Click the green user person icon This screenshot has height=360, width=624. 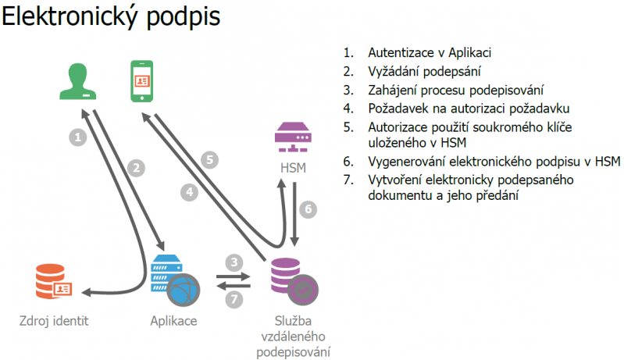77,81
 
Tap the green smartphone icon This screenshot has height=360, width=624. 141,81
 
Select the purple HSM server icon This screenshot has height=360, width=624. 294,137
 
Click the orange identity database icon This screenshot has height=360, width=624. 53,281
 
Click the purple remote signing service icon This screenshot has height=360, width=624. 294,281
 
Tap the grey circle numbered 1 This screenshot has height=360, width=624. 77,137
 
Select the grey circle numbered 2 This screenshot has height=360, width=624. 136,168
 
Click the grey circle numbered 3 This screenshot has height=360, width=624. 234,262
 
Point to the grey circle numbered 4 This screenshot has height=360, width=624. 190,192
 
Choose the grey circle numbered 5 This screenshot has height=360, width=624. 210,160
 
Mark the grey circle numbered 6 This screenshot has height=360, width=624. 308,209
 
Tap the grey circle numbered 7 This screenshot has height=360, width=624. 234,299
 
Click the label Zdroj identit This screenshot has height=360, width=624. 54,321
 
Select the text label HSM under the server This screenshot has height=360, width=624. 294,168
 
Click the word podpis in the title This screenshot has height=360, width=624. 184,17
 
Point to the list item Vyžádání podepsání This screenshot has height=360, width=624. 424,71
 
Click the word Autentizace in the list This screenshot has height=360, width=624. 401,52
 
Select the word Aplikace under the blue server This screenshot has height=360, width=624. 173,321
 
